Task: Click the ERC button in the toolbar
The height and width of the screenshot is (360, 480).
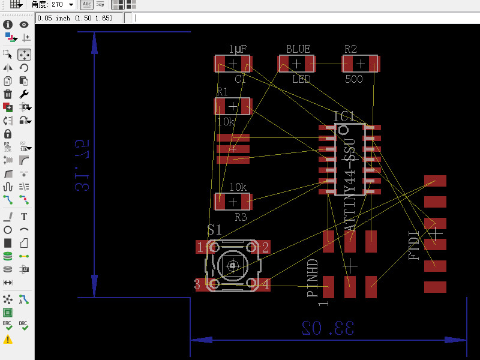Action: coord(7,326)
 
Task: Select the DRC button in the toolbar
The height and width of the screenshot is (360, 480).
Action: coord(23,326)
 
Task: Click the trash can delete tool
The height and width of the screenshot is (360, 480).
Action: coord(8,94)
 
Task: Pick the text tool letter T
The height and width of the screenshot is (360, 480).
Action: coord(24,217)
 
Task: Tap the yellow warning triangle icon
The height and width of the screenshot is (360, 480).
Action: coord(7,340)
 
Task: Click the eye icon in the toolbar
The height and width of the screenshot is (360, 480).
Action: coord(24,25)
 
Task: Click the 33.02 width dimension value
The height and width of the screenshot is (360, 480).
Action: coord(328,327)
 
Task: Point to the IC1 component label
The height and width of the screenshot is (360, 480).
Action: coord(344,116)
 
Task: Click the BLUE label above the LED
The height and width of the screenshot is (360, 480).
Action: coord(298,49)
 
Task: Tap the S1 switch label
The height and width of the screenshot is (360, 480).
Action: coord(214,229)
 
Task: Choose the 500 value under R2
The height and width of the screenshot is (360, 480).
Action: coord(354,79)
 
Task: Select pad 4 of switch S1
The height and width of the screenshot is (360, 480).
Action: coord(265,284)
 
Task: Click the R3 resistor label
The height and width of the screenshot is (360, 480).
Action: coord(241,217)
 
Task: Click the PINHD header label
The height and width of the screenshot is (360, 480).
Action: coord(313,279)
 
